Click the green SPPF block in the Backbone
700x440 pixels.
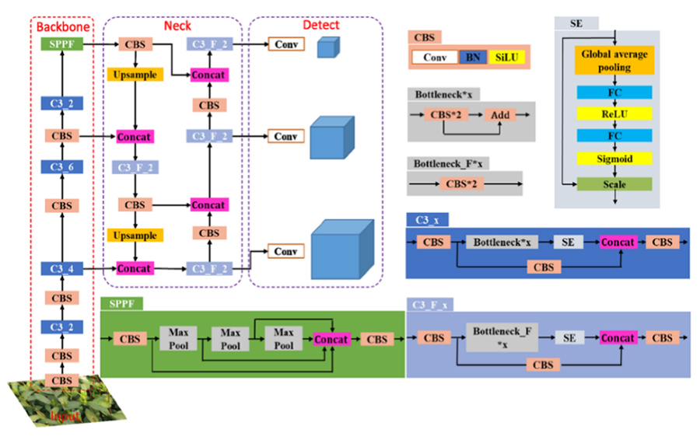61,44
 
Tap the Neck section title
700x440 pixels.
177,26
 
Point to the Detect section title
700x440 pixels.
320,25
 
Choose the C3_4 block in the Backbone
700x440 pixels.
61,269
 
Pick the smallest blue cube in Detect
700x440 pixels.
324,47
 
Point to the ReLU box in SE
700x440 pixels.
614,114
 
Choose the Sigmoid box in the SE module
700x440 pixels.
614,159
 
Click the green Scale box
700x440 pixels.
614,185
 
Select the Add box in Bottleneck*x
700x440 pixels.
500,115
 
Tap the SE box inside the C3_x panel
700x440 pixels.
568,243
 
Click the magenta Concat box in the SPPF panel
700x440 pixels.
332,339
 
